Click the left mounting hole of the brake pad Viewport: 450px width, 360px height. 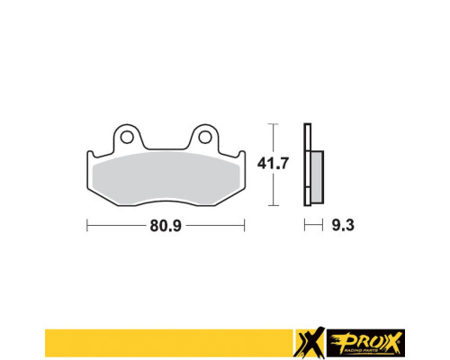point(127,138)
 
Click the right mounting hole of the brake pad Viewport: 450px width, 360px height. point(205,138)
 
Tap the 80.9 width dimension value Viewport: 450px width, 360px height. point(166,226)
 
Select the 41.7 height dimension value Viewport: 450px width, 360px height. point(273,164)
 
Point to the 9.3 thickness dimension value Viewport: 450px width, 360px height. point(343,225)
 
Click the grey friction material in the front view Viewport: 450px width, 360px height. point(166,177)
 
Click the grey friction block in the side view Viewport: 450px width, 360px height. point(317,177)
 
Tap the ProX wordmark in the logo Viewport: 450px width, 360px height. point(365,343)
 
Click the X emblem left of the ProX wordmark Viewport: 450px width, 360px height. point(310,342)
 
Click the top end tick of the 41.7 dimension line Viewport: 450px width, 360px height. point(273,124)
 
